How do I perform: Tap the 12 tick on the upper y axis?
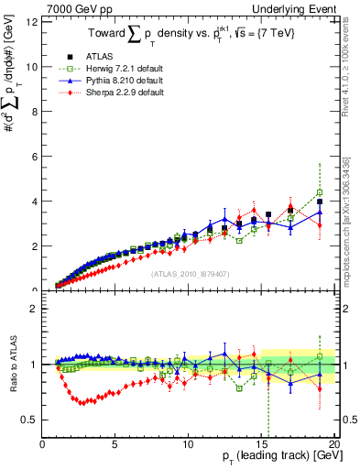[31, 22]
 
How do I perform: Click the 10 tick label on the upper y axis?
[31, 67]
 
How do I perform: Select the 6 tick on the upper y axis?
[34, 157]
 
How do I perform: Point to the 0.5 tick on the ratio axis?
[29, 420]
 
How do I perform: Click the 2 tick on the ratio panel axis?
[34, 309]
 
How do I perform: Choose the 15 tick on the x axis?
[260, 445]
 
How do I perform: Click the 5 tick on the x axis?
[115, 445]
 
